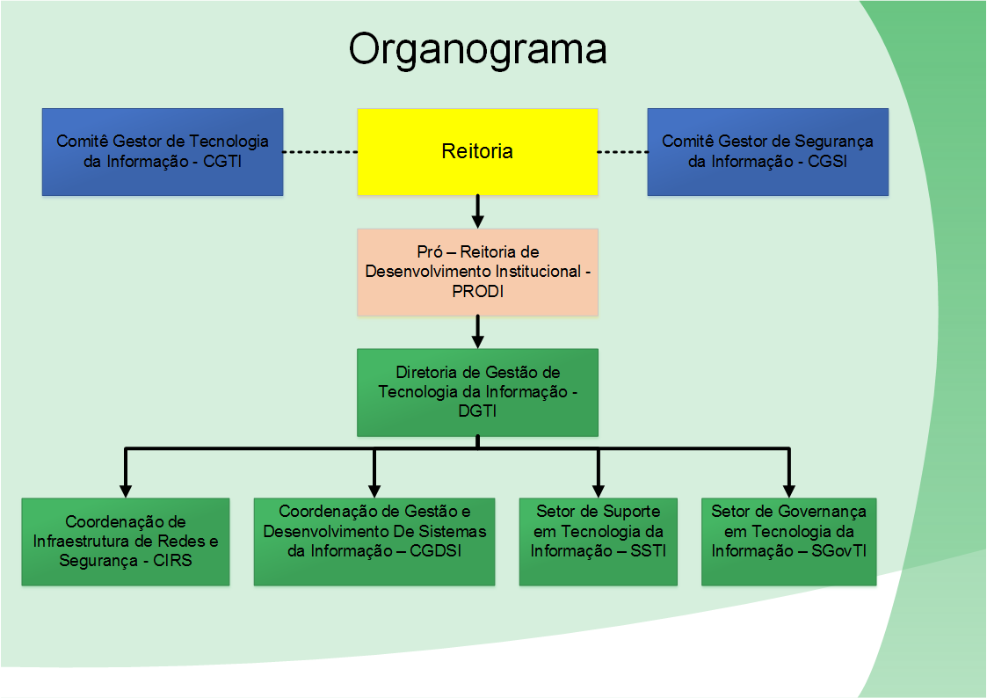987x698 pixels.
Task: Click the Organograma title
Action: [478, 50]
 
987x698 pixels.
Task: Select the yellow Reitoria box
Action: [478, 152]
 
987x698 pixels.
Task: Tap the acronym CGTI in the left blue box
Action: [222, 162]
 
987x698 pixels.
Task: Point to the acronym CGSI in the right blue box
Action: [827, 162]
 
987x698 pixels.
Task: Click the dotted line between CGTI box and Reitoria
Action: [321, 152]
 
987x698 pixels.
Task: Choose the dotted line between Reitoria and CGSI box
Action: [622, 152]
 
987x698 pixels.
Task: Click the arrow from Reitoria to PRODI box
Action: [478, 212]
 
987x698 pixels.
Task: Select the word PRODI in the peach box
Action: [478, 291]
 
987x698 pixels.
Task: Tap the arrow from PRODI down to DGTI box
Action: [478, 331]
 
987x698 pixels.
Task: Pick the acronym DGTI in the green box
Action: [478, 411]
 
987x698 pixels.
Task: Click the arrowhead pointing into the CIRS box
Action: [126, 491]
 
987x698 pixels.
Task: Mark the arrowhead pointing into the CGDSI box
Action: [374, 491]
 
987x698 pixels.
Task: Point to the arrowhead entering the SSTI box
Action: [599, 491]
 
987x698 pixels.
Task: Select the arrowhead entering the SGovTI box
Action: [789, 491]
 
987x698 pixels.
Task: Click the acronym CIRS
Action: [172, 561]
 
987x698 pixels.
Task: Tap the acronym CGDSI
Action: [436, 550]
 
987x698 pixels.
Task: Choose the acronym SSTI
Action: [649, 550]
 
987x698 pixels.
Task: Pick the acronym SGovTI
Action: [839, 550]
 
